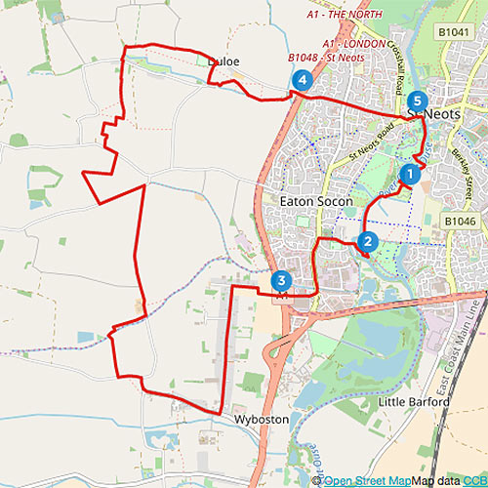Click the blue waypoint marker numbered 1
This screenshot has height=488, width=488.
tap(410, 175)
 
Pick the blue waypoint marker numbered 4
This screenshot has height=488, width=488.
tap(303, 80)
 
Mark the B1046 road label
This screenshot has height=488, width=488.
tap(461, 223)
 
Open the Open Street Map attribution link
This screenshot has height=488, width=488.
tap(367, 480)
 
